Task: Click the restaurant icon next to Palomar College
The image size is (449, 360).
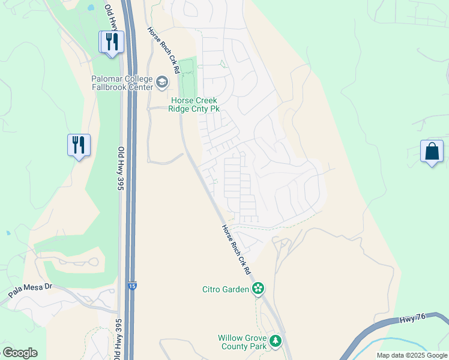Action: tap(111, 42)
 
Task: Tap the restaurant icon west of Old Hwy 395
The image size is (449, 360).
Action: tap(79, 145)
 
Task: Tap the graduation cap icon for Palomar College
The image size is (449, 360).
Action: tap(161, 81)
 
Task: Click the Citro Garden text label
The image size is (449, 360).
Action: tap(225, 290)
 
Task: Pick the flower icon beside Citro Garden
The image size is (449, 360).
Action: tap(258, 289)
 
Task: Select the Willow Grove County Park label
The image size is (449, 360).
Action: tap(242, 342)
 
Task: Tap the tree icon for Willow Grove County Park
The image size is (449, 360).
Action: tap(276, 341)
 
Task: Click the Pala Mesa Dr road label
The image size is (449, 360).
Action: tap(31, 291)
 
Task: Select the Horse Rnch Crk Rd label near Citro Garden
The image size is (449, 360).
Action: tap(236, 250)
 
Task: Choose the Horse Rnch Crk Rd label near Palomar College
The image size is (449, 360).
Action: tap(164, 50)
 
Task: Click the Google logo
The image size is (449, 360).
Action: tap(20, 353)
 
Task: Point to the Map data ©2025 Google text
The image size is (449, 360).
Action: tap(412, 355)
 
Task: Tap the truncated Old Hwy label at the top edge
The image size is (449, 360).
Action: tap(112, 18)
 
